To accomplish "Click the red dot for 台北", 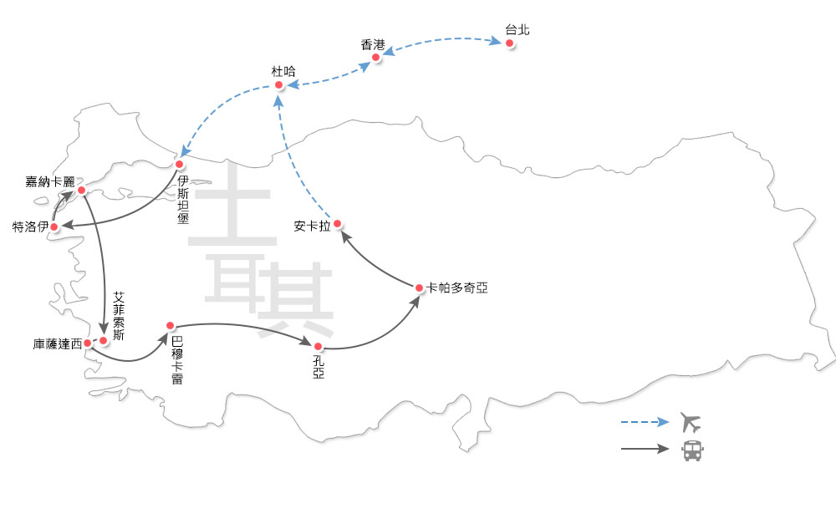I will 509,43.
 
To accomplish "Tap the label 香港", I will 373,45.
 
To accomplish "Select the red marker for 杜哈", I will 280,84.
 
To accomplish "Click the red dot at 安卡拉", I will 338,224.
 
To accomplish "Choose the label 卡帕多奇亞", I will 456,287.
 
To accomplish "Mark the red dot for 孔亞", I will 318,345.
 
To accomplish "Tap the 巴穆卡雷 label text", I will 177,361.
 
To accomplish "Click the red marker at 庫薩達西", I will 88,343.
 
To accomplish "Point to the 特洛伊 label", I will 29,226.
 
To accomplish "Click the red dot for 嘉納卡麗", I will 82,191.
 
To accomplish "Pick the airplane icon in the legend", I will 691,421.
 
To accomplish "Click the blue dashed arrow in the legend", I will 645,422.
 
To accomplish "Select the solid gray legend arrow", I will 645,450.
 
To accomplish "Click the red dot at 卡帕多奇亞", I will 420,288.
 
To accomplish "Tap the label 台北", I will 517,30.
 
